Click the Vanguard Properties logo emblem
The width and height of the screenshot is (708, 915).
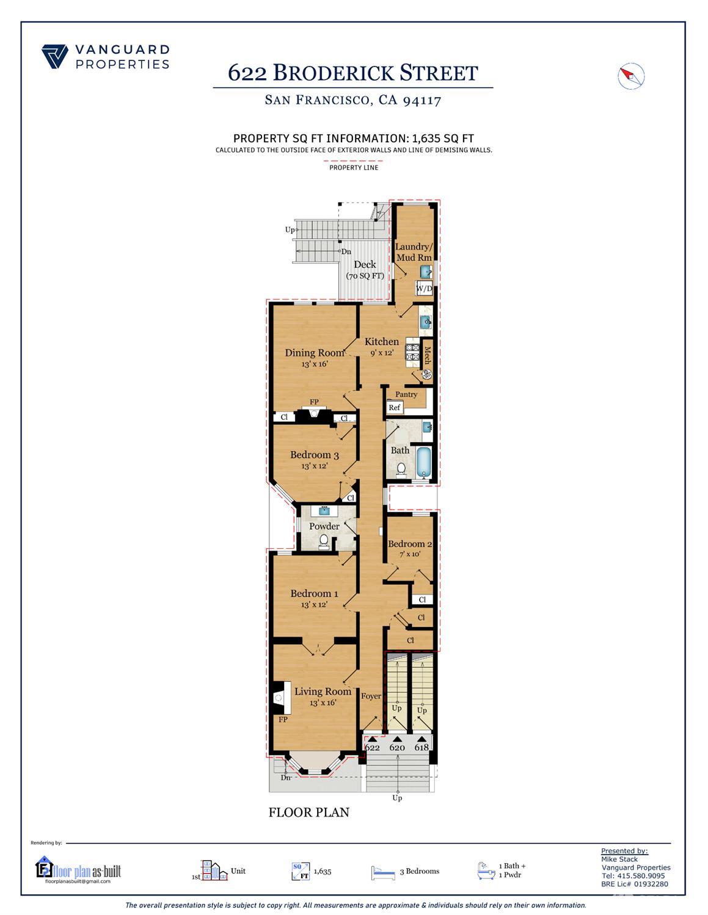(x=55, y=56)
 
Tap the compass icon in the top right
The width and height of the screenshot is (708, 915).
(x=631, y=76)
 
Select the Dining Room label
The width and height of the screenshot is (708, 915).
(x=314, y=352)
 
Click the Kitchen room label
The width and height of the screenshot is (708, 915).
(x=382, y=342)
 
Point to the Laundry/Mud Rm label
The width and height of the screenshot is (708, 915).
(x=413, y=252)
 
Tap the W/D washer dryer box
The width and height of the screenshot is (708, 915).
(x=424, y=289)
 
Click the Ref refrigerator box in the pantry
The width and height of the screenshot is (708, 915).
(x=394, y=408)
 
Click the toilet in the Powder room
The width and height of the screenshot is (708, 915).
(x=324, y=541)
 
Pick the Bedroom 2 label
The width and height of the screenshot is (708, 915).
(x=410, y=544)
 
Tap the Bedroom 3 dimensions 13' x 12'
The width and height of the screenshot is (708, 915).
(x=314, y=466)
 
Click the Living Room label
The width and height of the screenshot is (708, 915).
(x=323, y=692)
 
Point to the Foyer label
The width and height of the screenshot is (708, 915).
(x=371, y=696)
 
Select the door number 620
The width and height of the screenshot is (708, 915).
(x=397, y=747)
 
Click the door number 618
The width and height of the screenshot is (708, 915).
(x=422, y=747)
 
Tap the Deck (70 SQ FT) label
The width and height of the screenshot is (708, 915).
(x=365, y=270)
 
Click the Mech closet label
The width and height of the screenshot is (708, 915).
(x=428, y=355)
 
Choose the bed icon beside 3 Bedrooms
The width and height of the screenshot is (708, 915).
(x=383, y=873)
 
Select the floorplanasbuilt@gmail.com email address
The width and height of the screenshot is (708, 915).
(x=78, y=881)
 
